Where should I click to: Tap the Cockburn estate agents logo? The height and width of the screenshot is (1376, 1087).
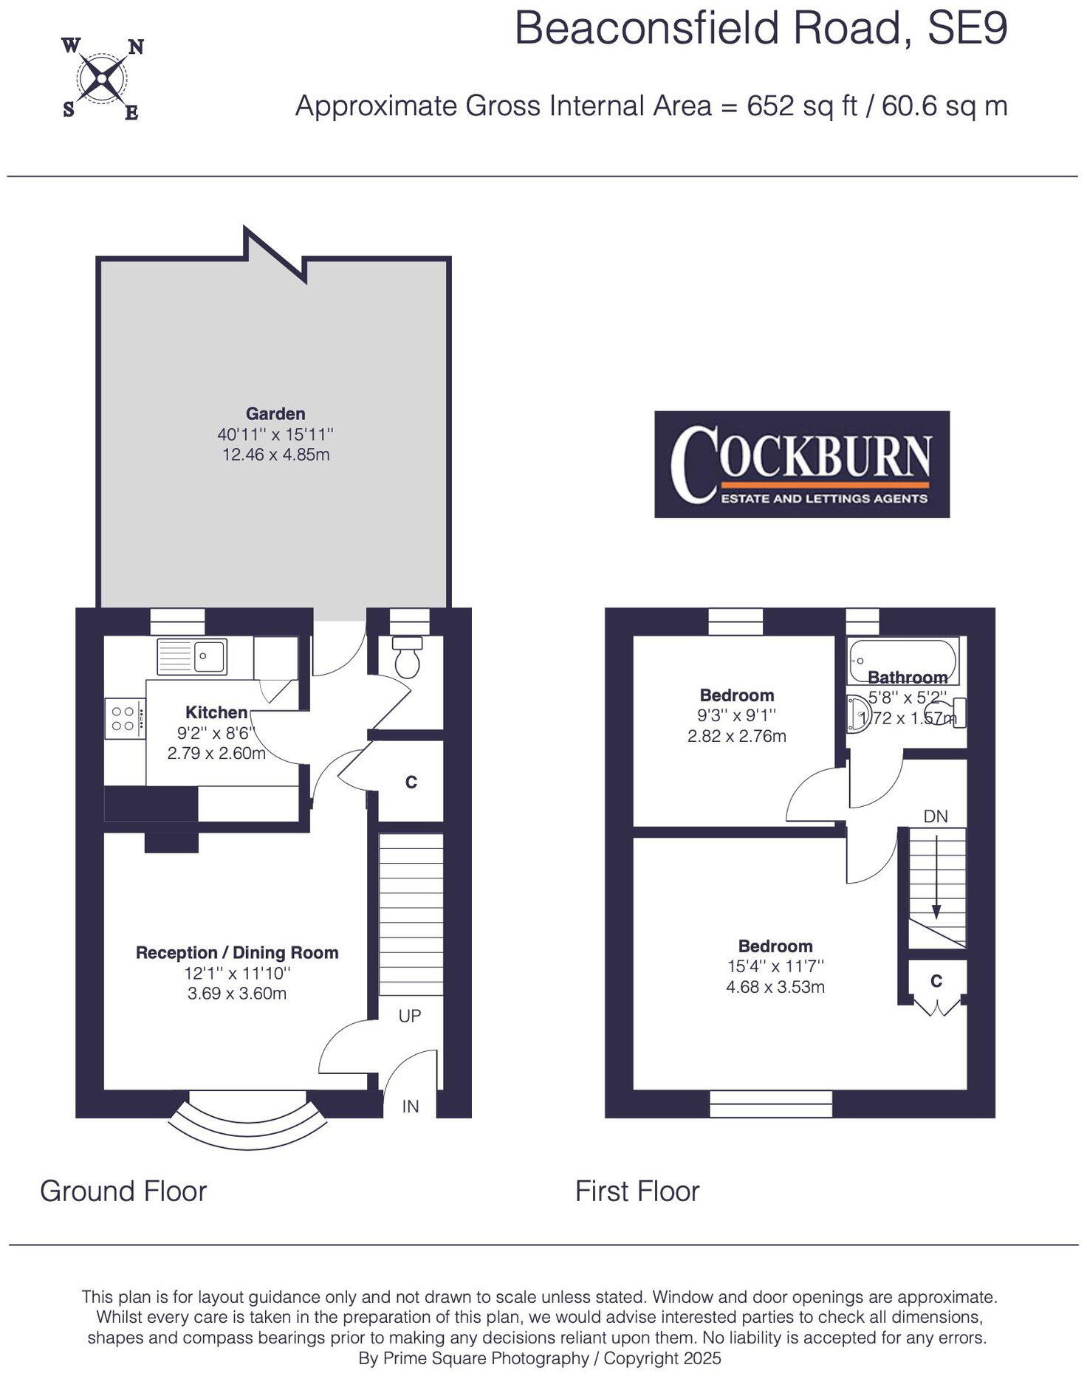801,464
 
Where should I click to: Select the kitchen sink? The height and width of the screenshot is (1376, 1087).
192,656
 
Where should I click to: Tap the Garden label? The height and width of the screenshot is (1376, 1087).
275,414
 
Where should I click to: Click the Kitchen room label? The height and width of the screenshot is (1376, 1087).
216,712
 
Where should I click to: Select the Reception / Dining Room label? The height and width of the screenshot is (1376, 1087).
237,952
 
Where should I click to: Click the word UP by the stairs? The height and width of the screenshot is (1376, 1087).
410,1016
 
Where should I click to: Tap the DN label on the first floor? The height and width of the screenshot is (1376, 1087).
936,816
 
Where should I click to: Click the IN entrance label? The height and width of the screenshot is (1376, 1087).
411,1106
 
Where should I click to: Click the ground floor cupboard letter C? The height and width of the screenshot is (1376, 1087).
411,782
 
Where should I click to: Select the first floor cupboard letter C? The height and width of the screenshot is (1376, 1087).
936,980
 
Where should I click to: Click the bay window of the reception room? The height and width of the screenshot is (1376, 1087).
247,1123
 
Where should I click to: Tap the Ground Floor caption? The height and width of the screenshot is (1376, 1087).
123,1191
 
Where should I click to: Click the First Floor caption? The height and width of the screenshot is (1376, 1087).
637,1191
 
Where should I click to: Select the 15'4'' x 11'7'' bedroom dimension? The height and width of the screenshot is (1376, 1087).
775,966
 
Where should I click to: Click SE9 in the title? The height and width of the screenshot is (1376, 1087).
967,30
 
